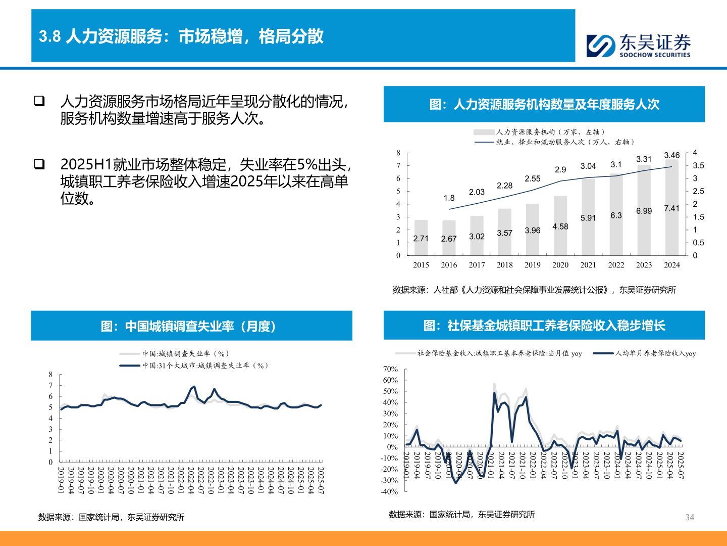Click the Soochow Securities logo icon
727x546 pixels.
pos(601,45)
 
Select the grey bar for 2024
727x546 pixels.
pos(671,212)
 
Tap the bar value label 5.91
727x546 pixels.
pos(588,218)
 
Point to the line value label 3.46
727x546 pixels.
pos(671,155)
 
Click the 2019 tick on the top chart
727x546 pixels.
pos(532,265)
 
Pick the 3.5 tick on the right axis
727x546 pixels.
pos(698,166)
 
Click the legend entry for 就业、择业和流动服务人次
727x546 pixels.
pos(555,142)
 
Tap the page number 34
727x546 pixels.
pos(690,517)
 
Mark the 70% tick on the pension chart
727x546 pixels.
pos(390,369)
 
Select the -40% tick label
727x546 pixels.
pos(389,491)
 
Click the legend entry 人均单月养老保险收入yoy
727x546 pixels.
pos(646,353)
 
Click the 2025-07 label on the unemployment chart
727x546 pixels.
pos(320,480)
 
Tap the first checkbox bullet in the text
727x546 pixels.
pos(39,101)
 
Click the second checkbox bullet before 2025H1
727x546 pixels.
pos(39,164)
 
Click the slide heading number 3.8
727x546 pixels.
pos(49,36)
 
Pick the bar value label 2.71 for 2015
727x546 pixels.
pos(421,239)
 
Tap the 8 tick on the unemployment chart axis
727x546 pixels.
pos(50,375)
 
